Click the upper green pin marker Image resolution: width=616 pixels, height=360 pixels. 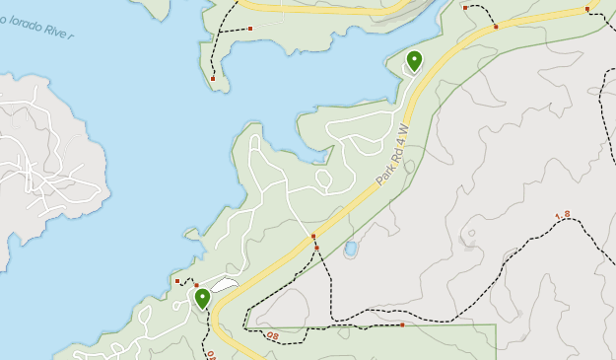click(x=414, y=61)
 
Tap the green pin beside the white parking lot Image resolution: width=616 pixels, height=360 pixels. click(x=202, y=298)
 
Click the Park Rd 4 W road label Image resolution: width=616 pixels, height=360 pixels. click(x=391, y=156)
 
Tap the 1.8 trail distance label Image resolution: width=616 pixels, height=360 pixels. click(x=563, y=215)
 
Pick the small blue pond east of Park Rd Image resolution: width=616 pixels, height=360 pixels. click(x=350, y=250)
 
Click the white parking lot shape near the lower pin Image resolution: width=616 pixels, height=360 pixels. click(x=226, y=286)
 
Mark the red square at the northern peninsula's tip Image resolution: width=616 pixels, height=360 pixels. click(x=213, y=78)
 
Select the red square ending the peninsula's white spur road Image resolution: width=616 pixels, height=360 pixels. click(x=250, y=29)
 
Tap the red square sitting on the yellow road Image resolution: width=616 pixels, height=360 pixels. click(x=496, y=27)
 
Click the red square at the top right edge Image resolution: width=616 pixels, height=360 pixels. click(x=586, y=9)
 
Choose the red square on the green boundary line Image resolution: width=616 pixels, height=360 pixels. click(x=402, y=324)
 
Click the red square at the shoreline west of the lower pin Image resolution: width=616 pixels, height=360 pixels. click(x=177, y=281)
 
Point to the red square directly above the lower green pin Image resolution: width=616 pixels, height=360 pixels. click(x=196, y=285)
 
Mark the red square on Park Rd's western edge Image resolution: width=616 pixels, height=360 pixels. click(x=313, y=237)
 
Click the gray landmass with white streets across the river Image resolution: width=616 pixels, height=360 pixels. click(x=49, y=158)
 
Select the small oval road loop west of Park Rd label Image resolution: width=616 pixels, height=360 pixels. click(x=322, y=179)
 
